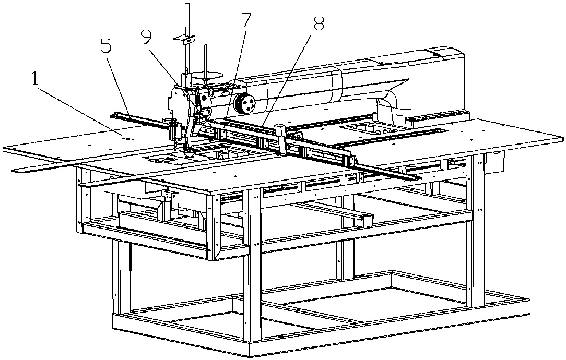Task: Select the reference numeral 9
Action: click(x=147, y=37)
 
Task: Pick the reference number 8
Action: click(x=319, y=24)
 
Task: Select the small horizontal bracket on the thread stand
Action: click(x=184, y=39)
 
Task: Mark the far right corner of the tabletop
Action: click(x=562, y=138)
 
